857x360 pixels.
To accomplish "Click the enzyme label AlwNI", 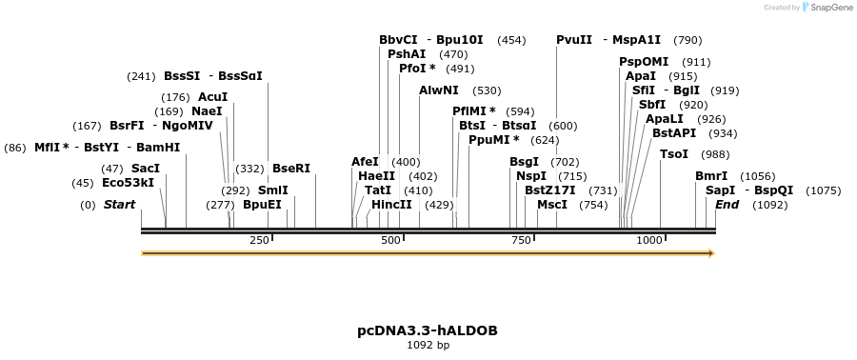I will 438,90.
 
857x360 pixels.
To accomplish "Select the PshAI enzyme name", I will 407,54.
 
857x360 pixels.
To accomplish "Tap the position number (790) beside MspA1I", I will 687,40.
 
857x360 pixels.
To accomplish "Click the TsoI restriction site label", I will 673,154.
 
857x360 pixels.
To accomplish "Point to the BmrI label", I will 710,176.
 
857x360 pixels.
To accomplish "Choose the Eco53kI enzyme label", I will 128,183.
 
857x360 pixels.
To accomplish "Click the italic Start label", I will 119,205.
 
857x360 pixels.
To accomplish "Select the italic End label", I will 727,205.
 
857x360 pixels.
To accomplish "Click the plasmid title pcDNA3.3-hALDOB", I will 428,330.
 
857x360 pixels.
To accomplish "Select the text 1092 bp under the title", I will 428,345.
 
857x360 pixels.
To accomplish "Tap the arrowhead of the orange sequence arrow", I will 709,253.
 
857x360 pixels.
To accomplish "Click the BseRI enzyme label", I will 291,169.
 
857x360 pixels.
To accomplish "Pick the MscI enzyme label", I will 552,205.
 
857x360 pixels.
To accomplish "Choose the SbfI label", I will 652,105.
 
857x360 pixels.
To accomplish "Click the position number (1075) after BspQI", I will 823,190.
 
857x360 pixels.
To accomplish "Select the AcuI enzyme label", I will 212,97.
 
